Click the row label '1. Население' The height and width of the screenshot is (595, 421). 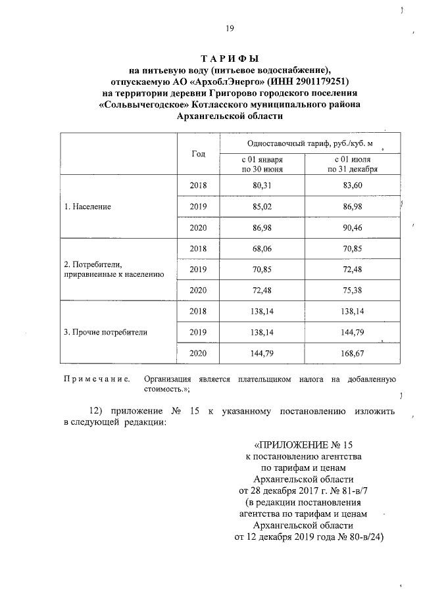click(87, 206)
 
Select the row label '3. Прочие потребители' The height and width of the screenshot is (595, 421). click(105, 332)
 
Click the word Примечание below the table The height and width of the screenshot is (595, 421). click(96, 379)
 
